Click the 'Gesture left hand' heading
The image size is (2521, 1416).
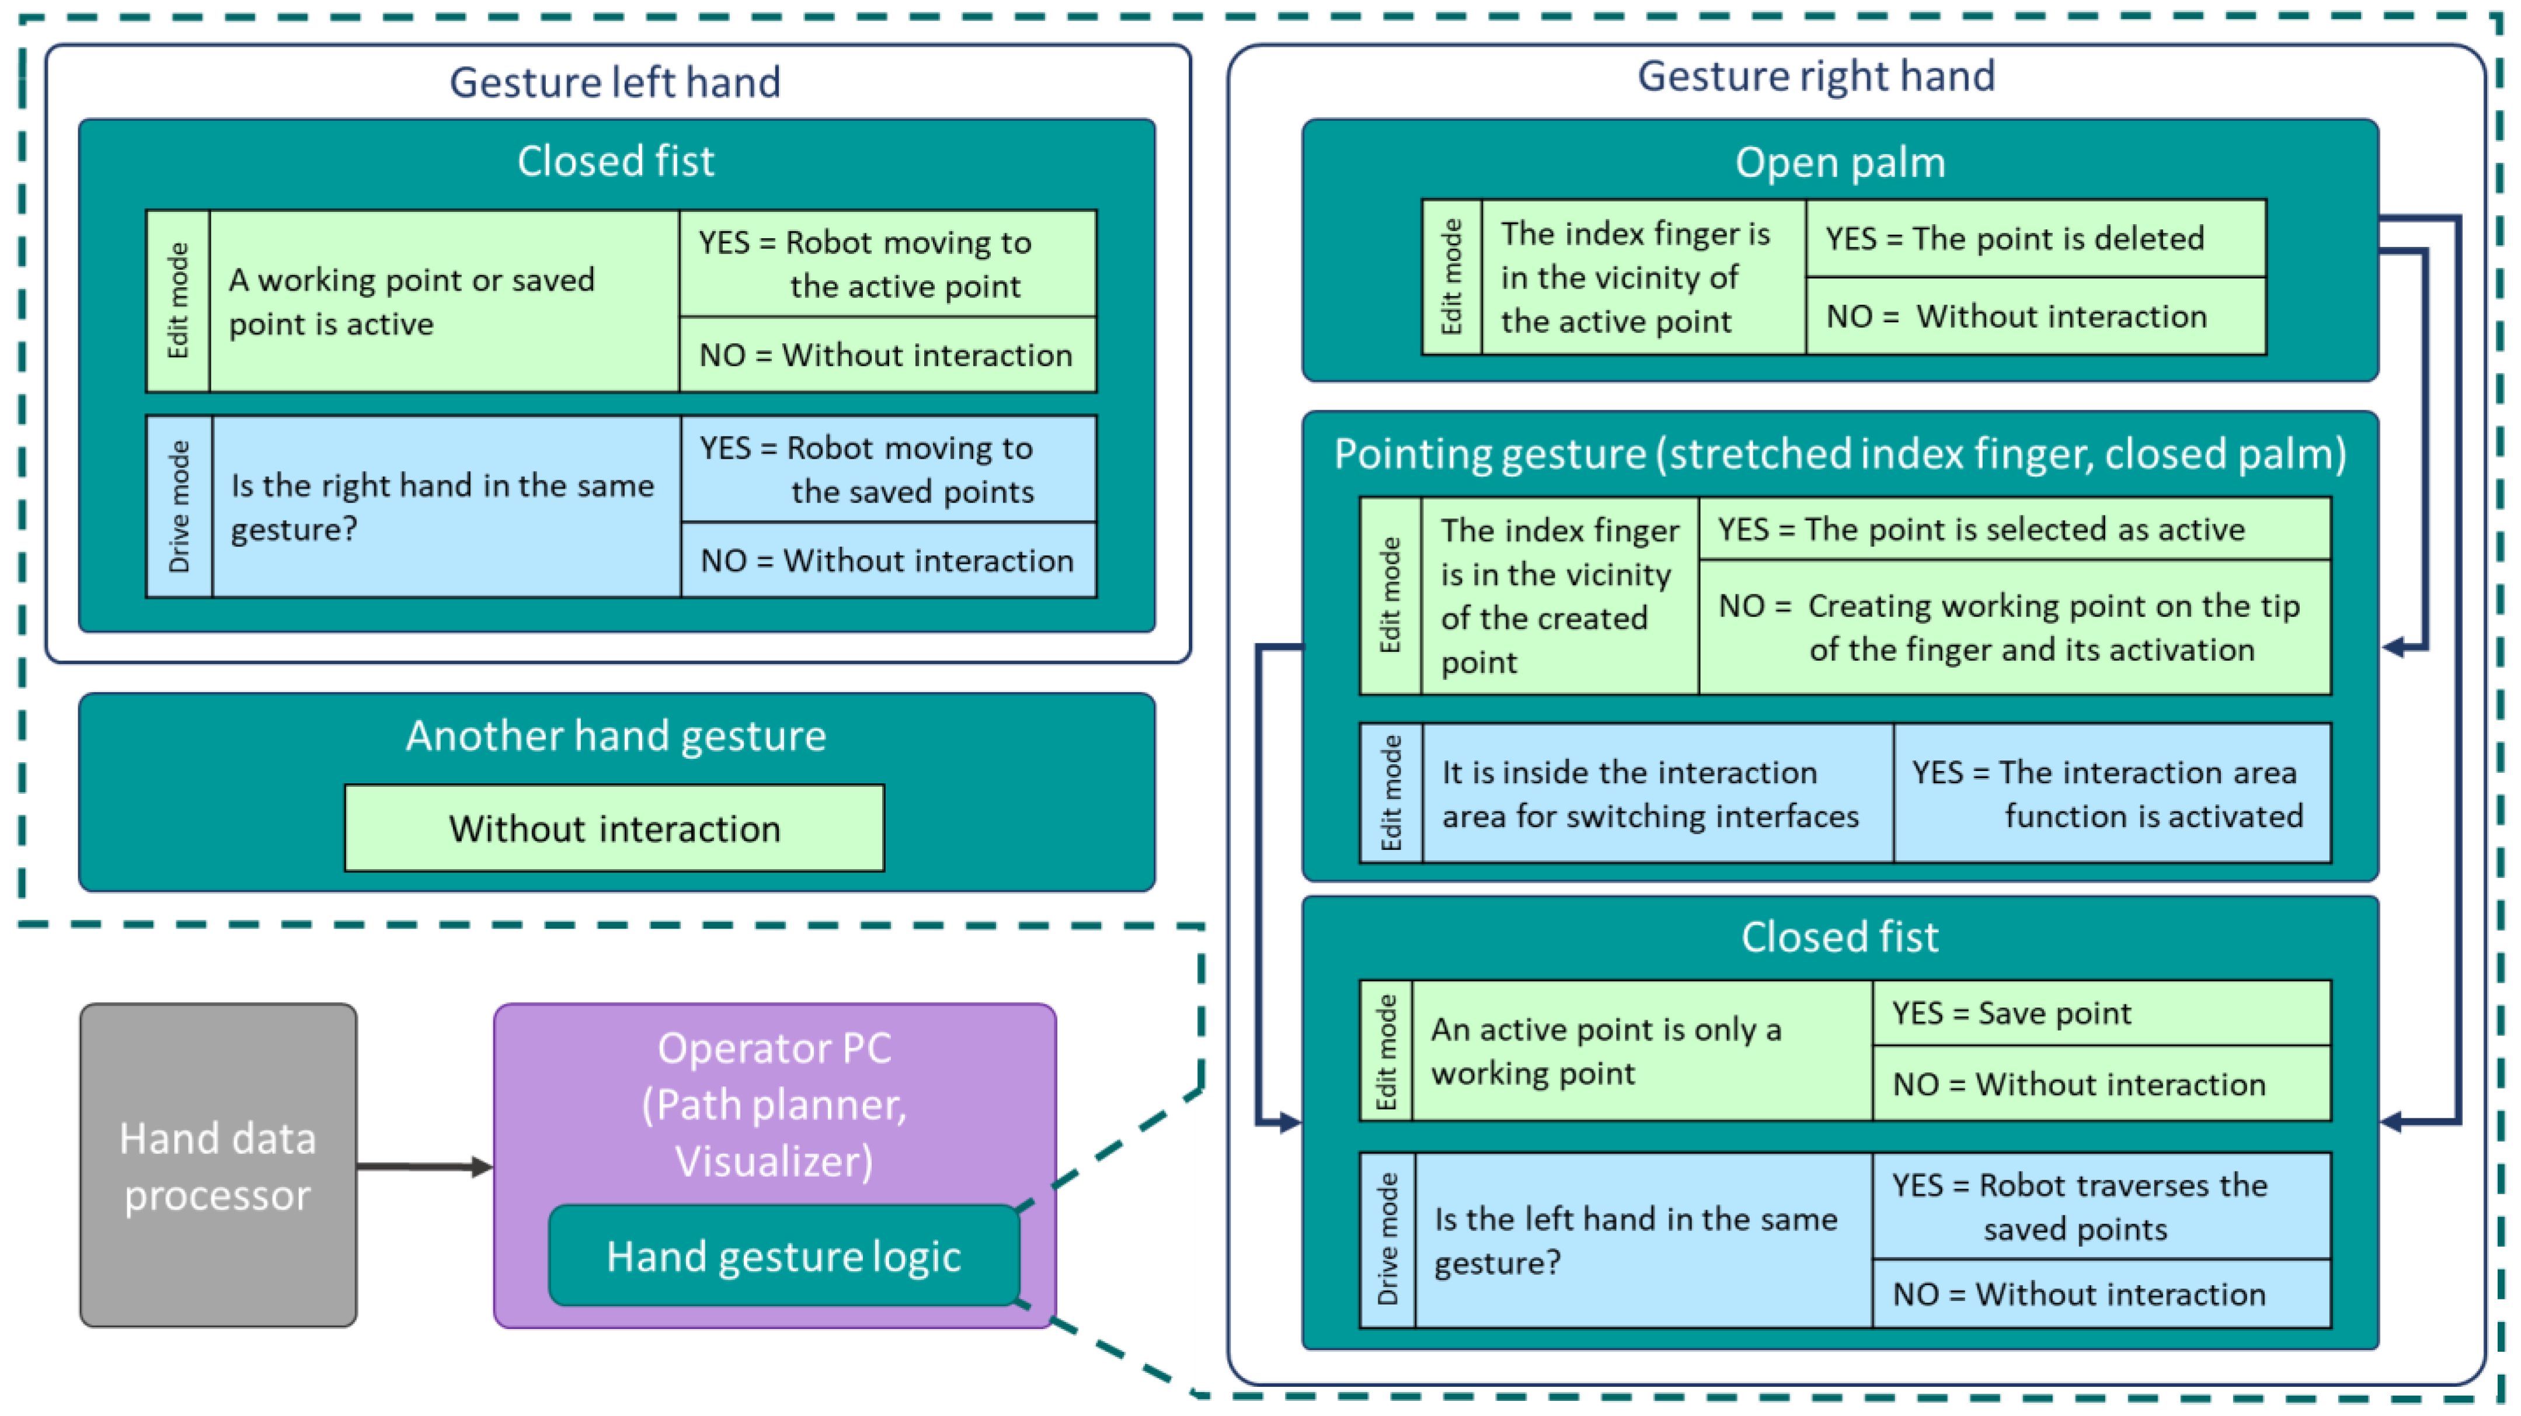point(615,82)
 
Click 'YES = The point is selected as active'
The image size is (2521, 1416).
point(2014,529)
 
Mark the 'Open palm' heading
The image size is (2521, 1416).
point(1839,162)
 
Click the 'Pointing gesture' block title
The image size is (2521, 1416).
point(1839,454)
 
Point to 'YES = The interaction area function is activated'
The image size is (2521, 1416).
point(2111,794)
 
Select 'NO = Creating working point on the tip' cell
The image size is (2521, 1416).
point(2014,627)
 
